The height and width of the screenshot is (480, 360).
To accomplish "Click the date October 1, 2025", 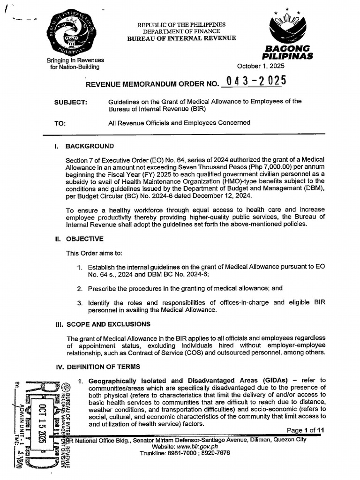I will click(261, 66).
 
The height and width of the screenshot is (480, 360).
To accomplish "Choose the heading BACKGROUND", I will click(90, 146).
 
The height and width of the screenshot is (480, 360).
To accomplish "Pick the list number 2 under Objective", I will click(80, 289).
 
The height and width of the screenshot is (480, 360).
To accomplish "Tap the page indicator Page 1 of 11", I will click(304, 430).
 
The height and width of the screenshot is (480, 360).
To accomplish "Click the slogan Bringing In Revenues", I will click(75, 60).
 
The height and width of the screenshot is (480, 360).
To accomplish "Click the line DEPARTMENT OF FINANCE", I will click(181, 31).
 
